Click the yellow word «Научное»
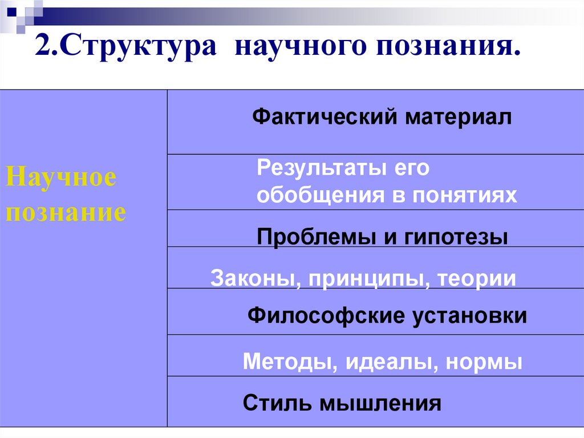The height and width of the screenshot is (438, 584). (x=60, y=178)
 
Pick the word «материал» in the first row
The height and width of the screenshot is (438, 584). (x=459, y=118)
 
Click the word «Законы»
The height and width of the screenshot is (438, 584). (x=250, y=278)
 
